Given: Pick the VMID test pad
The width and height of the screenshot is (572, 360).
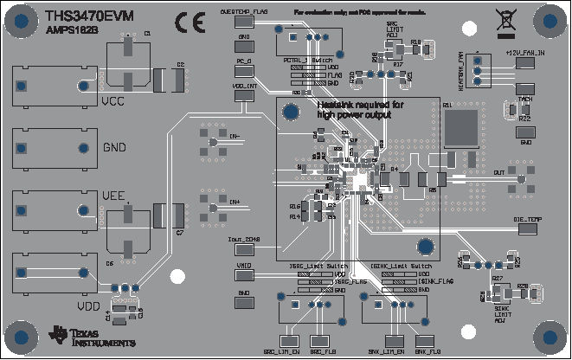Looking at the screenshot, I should click(244, 277).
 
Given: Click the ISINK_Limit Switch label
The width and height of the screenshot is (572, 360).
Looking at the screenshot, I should click(403, 265).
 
